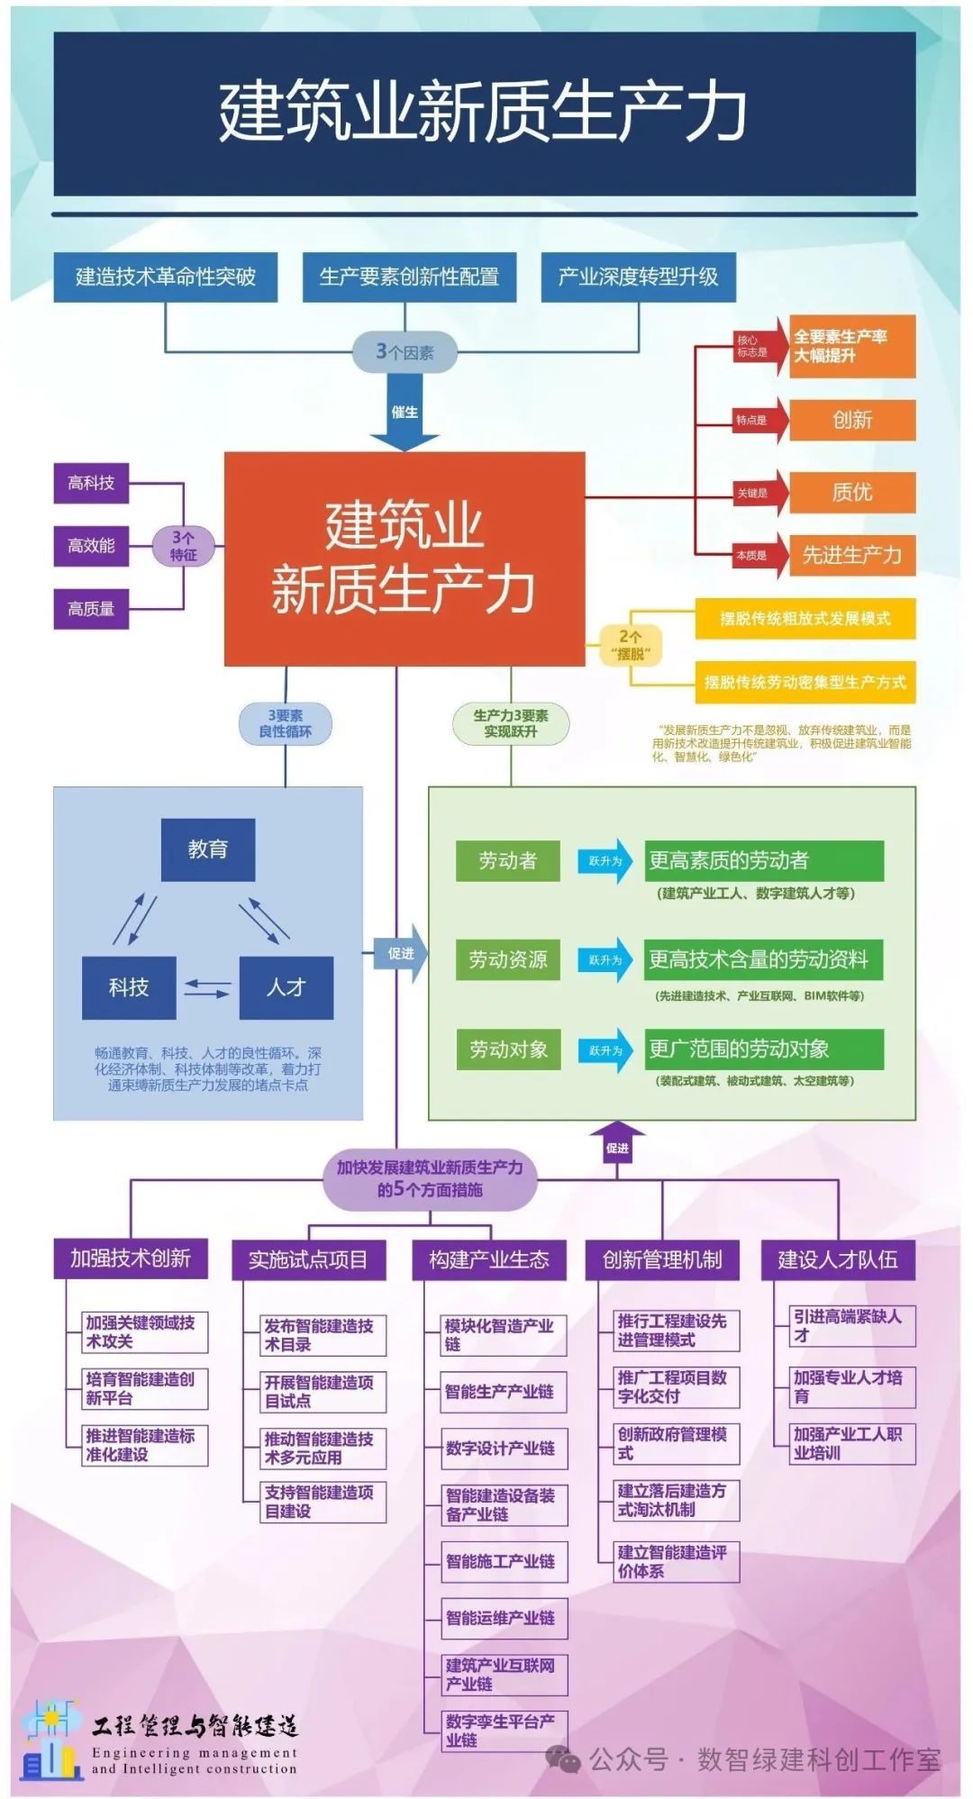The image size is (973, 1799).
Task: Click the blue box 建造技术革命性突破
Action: coord(165,277)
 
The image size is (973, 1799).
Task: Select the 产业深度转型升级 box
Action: coord(638,277)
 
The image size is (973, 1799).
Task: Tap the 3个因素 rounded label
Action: coord(405,352)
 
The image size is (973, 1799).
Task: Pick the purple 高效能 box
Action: coord(91,546)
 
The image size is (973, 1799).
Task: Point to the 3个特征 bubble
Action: coord(183,546)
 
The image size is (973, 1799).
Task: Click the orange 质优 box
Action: coord(851,492)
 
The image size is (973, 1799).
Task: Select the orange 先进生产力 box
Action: coord(851,555)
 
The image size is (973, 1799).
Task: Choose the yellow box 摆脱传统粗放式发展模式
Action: coord(805,619)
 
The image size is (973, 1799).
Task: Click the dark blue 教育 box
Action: coord(208,850)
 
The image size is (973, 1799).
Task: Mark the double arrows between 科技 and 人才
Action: coord(207,988)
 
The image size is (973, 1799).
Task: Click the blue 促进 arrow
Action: coord(402,953)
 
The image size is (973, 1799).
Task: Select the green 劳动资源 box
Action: coord(508,959)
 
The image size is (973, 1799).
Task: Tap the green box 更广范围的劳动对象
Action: coord(764,1049)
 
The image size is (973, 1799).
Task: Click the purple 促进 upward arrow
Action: coord(617,1143)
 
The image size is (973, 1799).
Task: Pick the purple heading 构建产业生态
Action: coord(489,1259)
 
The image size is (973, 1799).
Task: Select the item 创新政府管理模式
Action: coord(676,1442)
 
